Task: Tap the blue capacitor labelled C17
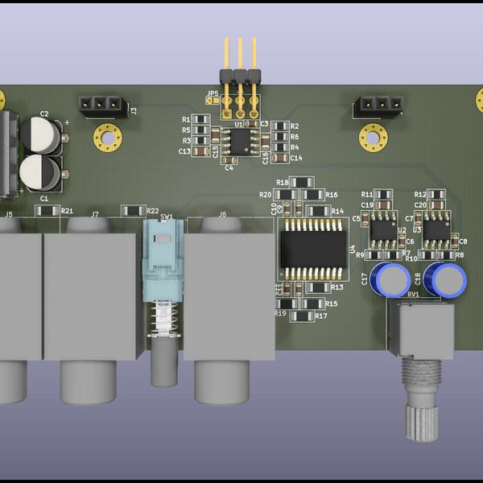pos(394,279)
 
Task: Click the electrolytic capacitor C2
pos(40,134)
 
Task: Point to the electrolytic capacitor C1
pos(39,173)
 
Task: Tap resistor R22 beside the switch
pos(131,211)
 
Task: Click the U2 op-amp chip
pos(382,231)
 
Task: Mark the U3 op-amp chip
pos(436,230)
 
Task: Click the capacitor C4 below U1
pos(229,160)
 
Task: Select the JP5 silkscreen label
pos(212,94)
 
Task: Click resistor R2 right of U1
pos(279,126)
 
